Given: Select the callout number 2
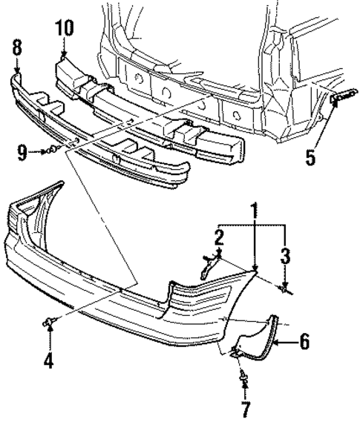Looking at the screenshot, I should point(220,237).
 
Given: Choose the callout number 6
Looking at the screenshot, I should point(304,342).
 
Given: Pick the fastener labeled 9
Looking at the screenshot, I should point(49,151).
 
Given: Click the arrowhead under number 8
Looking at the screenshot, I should point(18,71).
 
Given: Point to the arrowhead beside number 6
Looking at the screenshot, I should point(277,342).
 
